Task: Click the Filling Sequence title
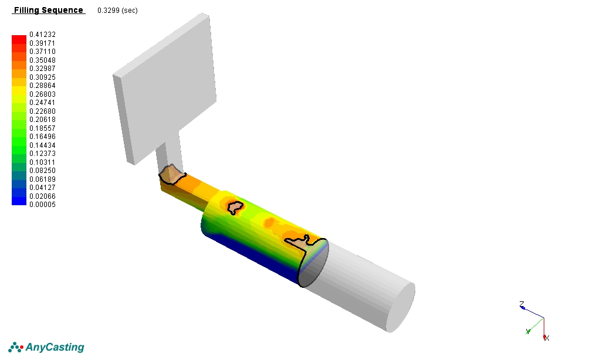(x=49, y=11)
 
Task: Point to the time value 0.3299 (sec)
(x=117, y=11)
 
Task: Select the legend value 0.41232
(x=42, y=35)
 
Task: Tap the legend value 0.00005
(x=42, y=205)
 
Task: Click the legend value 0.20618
(x=42, y=120)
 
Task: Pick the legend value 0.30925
(x=42, y=77)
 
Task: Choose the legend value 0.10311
(x=42, y=162)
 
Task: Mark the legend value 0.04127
(x=42, y=188)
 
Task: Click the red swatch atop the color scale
(x=19, y=39)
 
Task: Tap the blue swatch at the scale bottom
(x=19, y=201)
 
